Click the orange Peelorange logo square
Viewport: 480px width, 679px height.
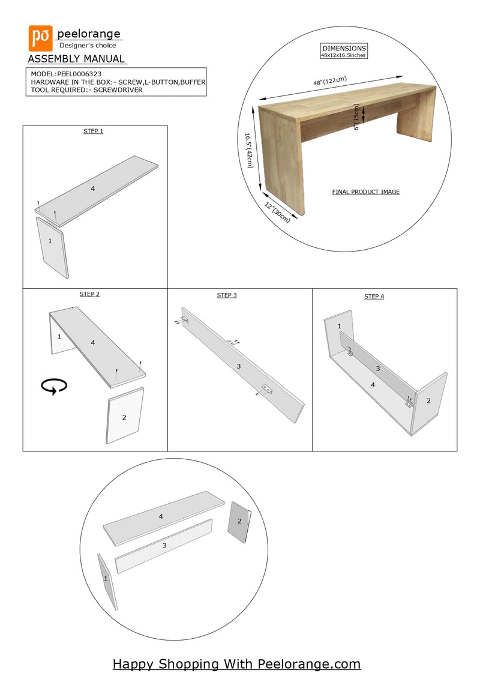(41, 38)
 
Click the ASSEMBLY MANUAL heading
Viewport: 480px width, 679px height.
(76, 59)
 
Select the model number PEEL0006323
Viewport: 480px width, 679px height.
(79, 74)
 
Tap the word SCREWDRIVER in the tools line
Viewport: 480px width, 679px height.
(118, 90)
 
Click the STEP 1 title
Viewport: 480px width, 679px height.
(94, 131)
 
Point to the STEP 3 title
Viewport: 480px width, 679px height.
(227, 295)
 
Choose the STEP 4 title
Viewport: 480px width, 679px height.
(374, 297)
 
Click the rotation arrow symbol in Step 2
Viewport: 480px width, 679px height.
(54, 386)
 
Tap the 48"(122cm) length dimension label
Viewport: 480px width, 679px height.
(330, 81)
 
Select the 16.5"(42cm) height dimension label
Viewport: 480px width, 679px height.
(248, 151)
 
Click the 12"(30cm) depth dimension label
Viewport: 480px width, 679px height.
(277, 213)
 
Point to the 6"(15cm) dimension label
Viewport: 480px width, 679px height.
(356, 117)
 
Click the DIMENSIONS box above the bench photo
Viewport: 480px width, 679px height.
(344, 51)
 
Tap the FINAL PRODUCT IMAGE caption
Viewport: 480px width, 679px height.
(366, 192)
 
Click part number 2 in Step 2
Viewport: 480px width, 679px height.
(124, 417)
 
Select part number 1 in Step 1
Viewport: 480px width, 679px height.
(50, 241)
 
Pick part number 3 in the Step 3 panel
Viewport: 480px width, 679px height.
(238, 366)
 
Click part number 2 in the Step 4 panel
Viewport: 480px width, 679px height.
(428, 401)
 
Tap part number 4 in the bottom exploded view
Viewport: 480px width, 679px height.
(161, 517)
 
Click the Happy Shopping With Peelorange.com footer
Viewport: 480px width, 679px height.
(236, 664)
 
